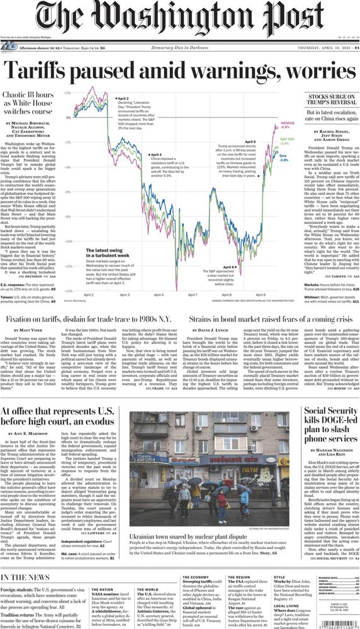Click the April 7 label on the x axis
[x=191, y=294]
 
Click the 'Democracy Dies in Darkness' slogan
[x=180, y=47]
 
